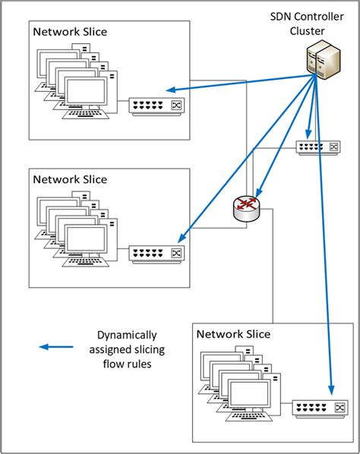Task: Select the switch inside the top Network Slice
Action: [156, 105]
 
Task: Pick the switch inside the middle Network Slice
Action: [156, 253]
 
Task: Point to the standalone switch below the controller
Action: [317, 147]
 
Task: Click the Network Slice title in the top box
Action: [70, 32]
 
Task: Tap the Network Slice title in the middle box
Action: [70, 180]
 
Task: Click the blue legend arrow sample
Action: [58, 347]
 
